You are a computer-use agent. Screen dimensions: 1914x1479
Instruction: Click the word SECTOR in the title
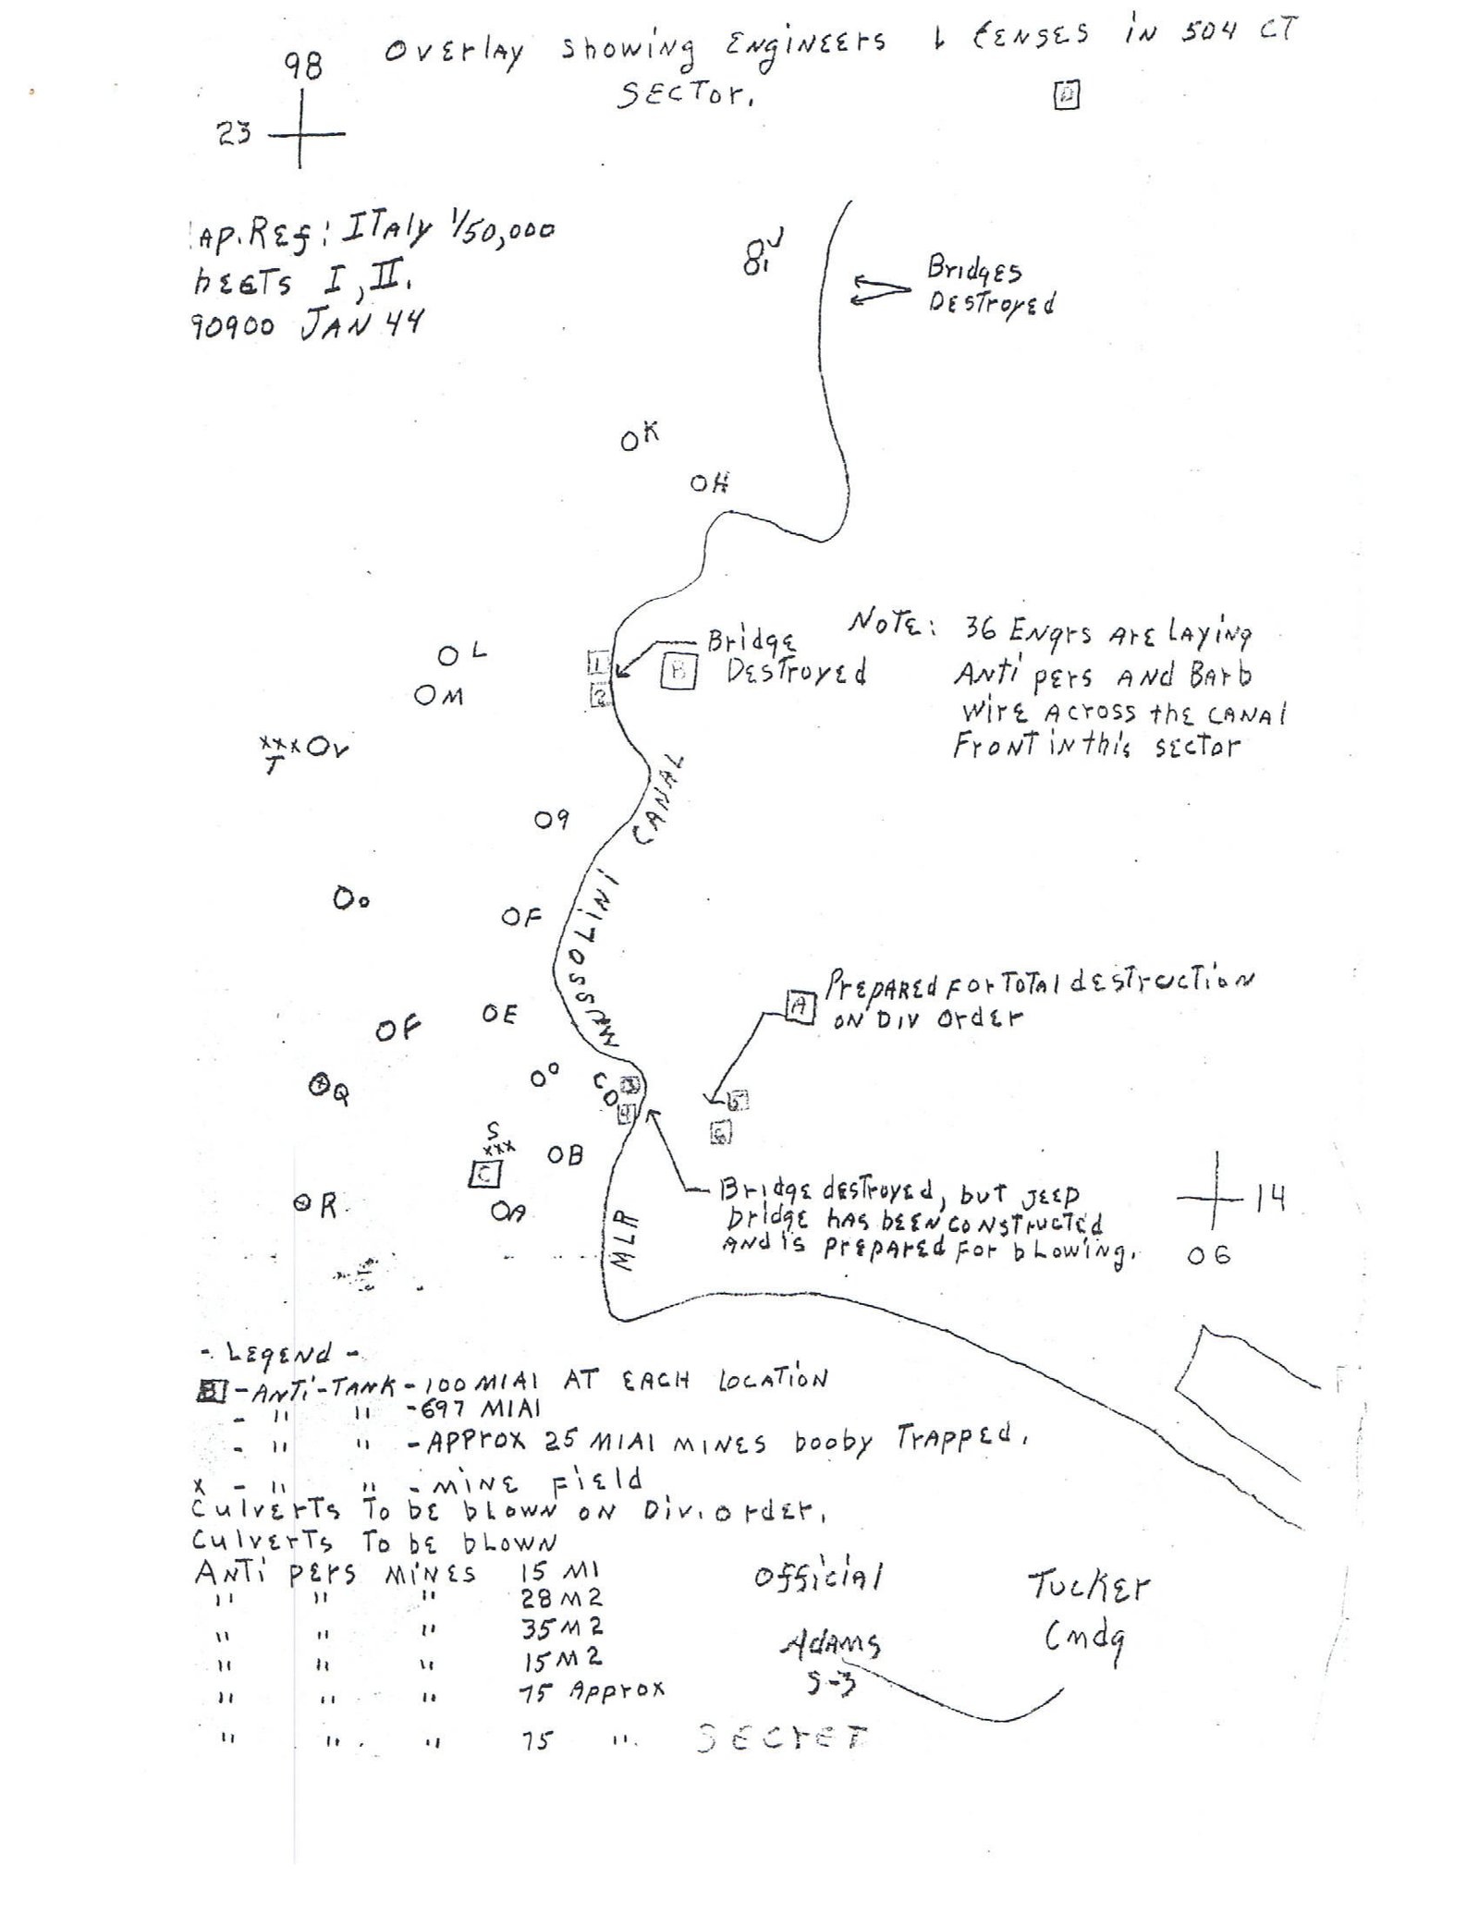click(x=683, y=92)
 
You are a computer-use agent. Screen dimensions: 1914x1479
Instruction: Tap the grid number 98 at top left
click(x=302, y=67)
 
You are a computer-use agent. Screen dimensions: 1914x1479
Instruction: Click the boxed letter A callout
click(x=800, y=1006)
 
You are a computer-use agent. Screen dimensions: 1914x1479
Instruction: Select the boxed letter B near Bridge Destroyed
click(x=678, y=672)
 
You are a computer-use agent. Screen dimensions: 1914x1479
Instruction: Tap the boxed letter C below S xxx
click(x=485, y=1175)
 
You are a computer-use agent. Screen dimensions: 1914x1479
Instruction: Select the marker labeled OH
click(x=709, y=482)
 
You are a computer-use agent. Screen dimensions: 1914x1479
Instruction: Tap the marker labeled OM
click(x=438, y=696)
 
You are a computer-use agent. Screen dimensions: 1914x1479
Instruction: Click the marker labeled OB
click(x=565, y=1155)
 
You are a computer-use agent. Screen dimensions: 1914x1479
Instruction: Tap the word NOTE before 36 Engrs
click(x=892, y=626)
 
